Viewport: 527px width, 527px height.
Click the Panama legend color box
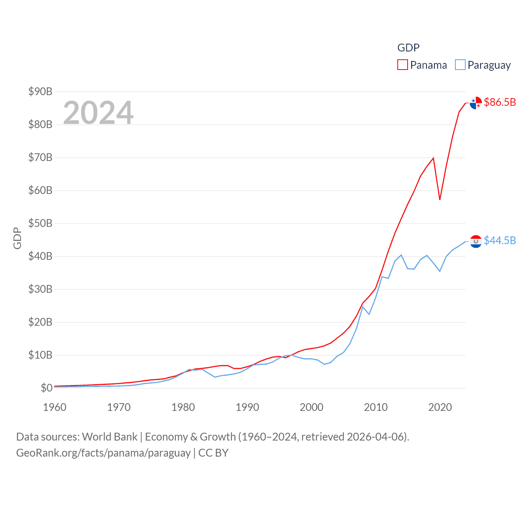click(402, 65)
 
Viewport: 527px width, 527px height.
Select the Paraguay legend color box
click(460, 65)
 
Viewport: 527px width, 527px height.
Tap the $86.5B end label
click(500, 102)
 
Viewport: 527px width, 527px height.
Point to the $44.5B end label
click(500, 240)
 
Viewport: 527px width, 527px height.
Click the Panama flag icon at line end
click(476, 103)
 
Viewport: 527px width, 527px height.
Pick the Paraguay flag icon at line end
click(476, 241)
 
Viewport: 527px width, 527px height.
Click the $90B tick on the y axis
click(40, 91)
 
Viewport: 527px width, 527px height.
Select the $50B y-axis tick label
click(40, 223)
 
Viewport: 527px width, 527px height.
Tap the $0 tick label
click(47, 388)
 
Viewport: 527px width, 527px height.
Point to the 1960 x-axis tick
click(55, 407)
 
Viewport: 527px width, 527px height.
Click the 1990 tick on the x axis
click(247, 407)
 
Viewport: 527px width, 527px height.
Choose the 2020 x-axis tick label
click(440, 407)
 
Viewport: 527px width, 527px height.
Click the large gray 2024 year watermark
click(98, 112)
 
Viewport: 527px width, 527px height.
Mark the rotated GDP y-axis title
click(17, 238)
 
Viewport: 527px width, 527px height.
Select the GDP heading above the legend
click(408, 48)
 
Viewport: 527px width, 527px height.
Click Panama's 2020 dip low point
click(440, 199)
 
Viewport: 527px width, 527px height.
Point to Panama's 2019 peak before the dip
click(433, 158)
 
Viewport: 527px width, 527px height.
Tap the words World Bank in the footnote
click(110, 436)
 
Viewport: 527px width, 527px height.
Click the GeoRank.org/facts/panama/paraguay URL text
click(103, 453)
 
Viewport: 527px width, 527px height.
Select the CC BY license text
click(213, 453)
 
